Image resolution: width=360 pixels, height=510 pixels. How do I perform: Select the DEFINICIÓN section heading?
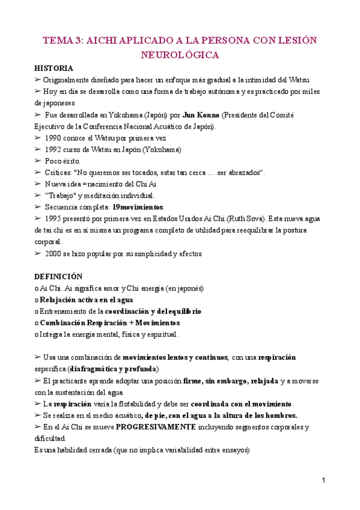point(58,277)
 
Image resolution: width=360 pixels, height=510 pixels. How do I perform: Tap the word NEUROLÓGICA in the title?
point(180,55)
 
